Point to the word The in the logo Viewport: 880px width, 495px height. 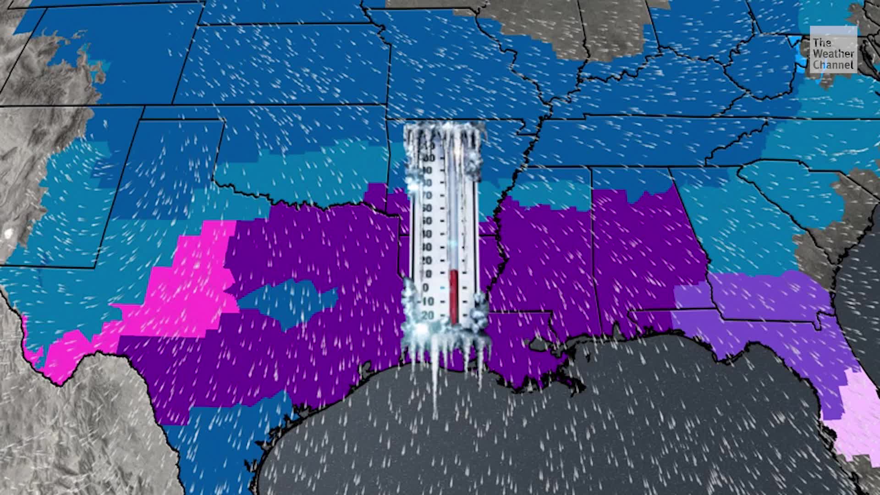point(822,43)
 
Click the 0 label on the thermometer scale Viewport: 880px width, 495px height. point(426,288)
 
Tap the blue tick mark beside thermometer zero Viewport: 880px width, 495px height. point(442,288)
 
